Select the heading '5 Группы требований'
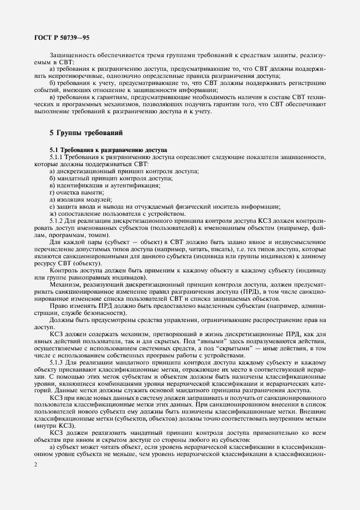pos(86,132)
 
